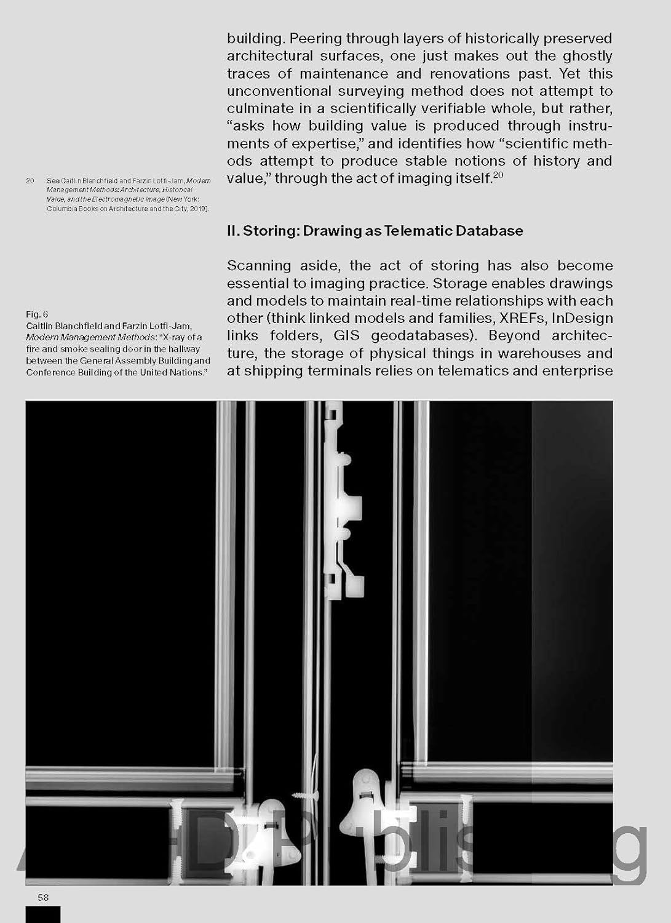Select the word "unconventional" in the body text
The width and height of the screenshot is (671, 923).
pos(281,91)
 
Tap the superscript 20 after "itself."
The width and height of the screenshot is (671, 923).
pos(498,175)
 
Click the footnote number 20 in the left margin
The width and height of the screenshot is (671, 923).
pos(30,181)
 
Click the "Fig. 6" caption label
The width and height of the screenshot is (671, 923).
pos(37,314)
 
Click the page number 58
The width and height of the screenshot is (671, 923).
pos(43,897)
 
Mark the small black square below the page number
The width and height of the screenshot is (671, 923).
pos(43,914)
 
